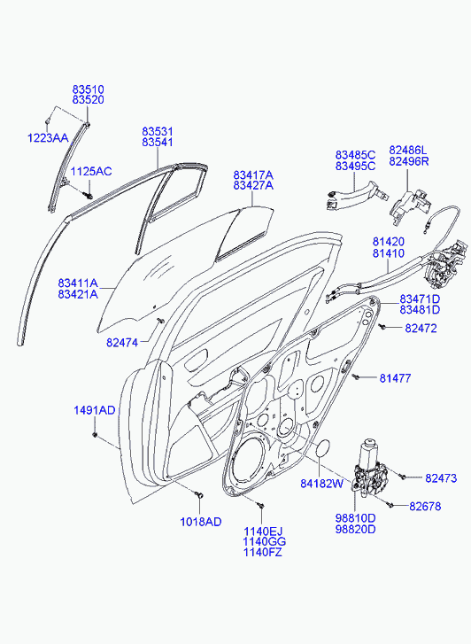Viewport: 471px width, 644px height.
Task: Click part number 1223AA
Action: pos(48,138)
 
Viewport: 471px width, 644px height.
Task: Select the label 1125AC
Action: pos(91,171)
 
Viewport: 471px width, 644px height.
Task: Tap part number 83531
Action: pos(158,131)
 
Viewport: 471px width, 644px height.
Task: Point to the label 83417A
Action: pos(253,175)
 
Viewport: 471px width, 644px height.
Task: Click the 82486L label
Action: pos(408,150)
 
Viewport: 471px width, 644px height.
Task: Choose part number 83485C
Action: pos(355,155)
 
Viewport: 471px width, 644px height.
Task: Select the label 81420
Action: pos(389,242)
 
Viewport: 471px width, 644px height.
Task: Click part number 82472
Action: pos(421,328)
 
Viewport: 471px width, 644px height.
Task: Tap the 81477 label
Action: pos(395,378)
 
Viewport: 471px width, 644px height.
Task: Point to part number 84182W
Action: pos(321,484)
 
